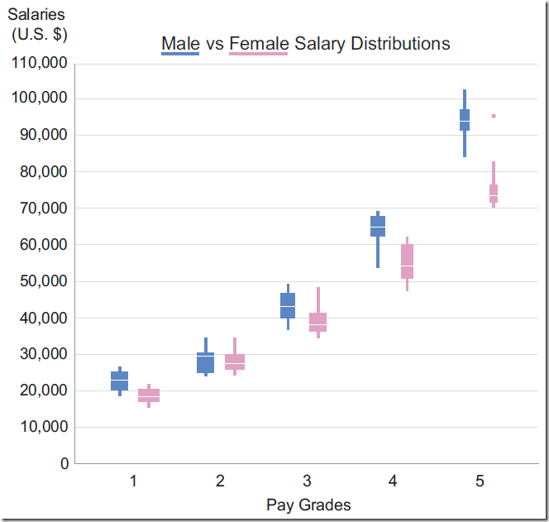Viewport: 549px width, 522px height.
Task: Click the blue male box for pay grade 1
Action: tap(120, 381)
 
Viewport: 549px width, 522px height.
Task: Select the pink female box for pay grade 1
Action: tap(149, 395)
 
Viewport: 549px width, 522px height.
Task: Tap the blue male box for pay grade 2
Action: tap(206, 362)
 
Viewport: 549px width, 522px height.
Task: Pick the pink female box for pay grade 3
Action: tap(318, 322)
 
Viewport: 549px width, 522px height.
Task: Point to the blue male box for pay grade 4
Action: tap(378, 226)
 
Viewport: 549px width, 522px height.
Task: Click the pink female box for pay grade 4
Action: tap(407, 261)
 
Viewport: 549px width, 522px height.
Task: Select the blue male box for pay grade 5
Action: tap(465, 120)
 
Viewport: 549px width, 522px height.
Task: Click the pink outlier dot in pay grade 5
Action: tap(494, 116)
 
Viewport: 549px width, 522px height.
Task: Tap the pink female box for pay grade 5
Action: tap(494, 194)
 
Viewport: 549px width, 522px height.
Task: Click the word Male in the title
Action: tap(180, 43)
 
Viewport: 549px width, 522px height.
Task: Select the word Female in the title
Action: tap(260, 43)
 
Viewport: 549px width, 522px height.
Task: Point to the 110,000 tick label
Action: tap(38, 62)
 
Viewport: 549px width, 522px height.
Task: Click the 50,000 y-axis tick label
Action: tap(41, 281)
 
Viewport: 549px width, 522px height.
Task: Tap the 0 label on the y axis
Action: tap(64, 464)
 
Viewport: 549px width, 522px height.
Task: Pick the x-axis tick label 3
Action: tap(307, 481)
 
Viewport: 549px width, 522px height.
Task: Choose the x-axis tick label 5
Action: tap(480, 481)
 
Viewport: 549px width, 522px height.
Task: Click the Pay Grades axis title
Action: tap(308, 505)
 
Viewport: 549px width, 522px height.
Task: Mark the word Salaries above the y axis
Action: tap(36, 15)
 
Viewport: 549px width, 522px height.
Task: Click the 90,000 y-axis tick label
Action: tap(41, 135)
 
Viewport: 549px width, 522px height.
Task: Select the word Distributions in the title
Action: tap(400, 43)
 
